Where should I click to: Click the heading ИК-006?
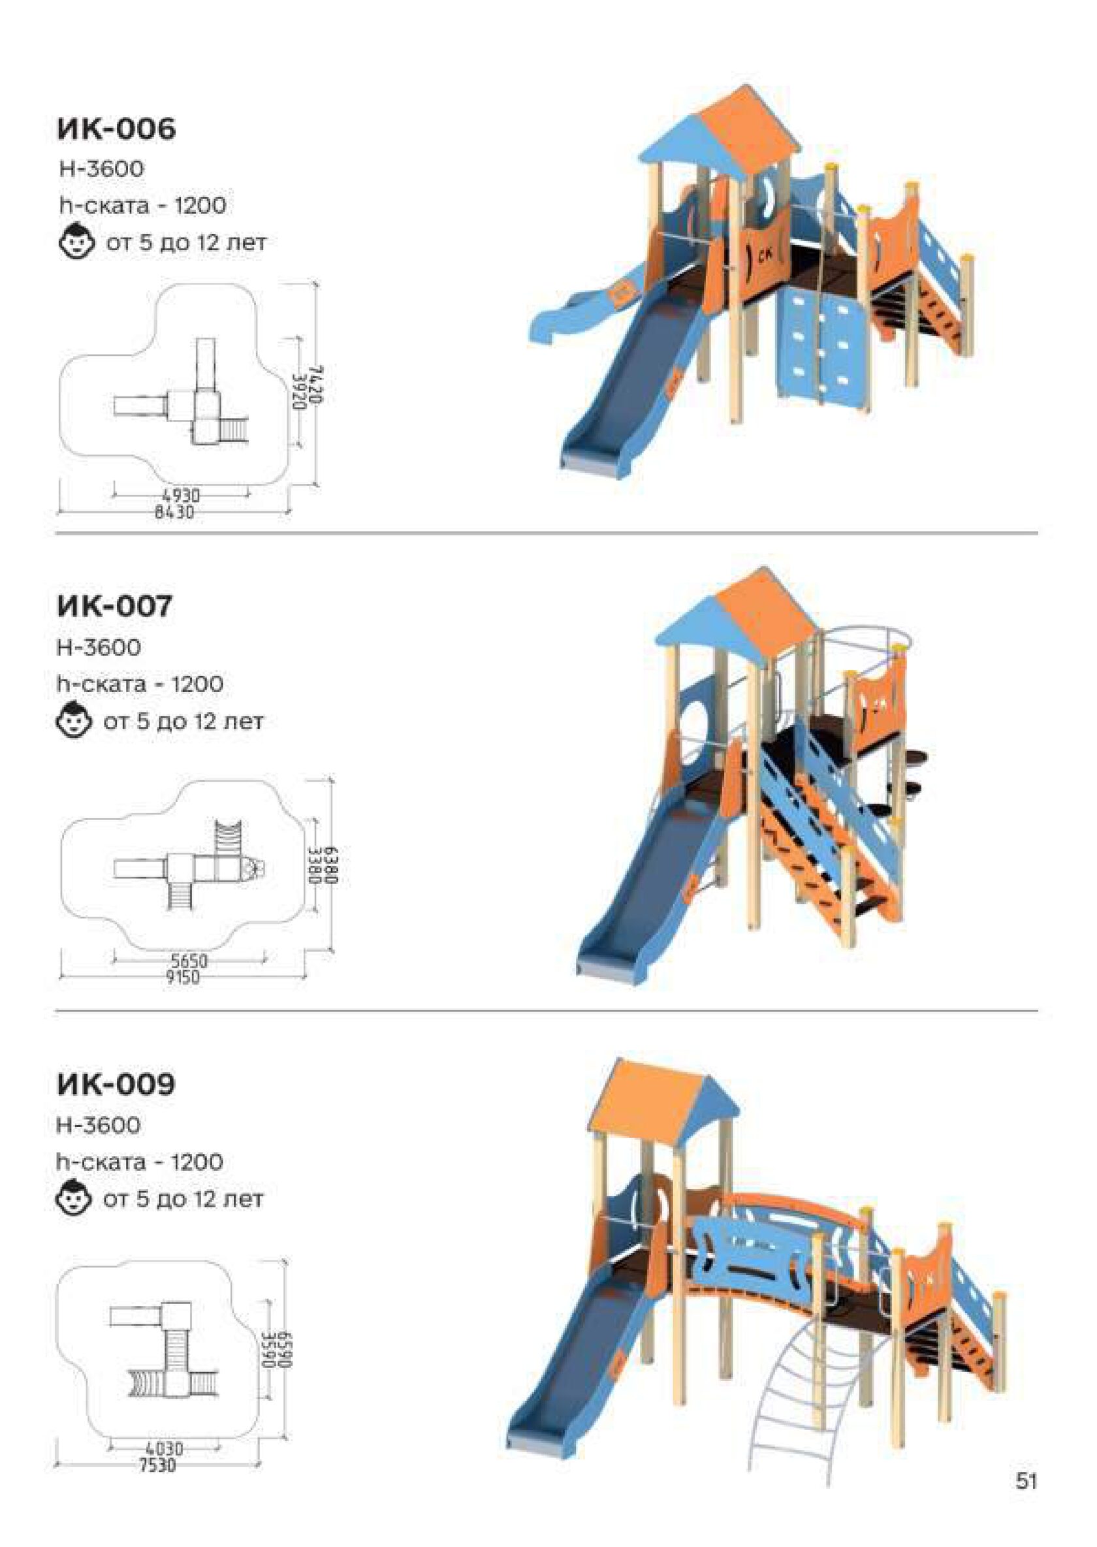pos(116,128)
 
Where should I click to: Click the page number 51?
pos(1026,1494)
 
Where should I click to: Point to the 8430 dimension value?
pos(174,513)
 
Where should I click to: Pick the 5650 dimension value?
pos(189,961)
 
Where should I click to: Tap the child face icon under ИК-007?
pos(73,722)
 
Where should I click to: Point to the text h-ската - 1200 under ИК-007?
pos(140,684)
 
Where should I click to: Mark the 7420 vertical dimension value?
pos(316,385)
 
